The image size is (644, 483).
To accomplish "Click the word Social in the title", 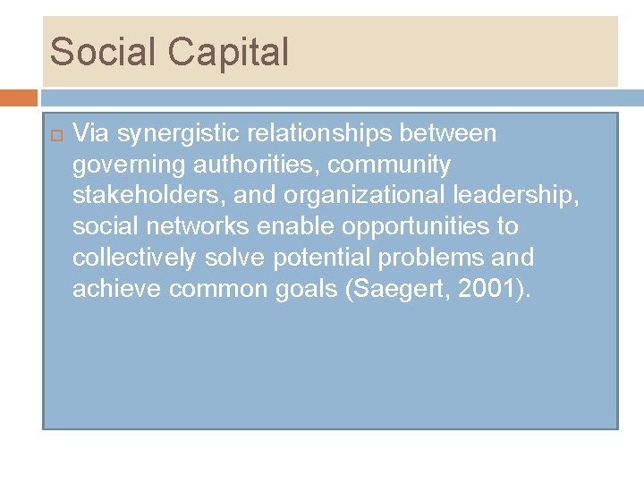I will (102, 52).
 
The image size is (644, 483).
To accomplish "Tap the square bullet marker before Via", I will (53, 135).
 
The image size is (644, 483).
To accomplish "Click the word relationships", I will (319, 134).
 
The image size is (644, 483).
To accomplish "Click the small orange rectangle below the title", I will (18, 97).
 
